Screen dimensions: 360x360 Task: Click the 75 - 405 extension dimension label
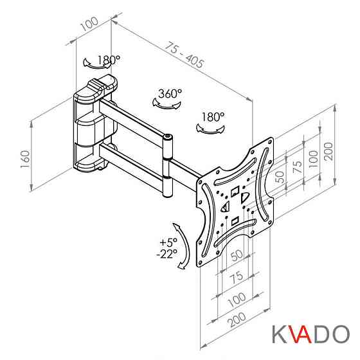[184, 55]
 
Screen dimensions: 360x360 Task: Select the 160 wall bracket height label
[25, 159]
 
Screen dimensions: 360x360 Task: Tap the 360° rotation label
[170, 93]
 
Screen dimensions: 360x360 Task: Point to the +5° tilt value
[168, 242]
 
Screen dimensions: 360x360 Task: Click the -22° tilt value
[167, 253]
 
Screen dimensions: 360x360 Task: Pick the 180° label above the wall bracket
[109, 60]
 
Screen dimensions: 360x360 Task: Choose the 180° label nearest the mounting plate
[213, 116]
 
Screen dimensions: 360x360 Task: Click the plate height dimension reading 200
[328, 151]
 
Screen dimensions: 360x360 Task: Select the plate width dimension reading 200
[237, 319]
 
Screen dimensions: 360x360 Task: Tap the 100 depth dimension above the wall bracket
[89, 23]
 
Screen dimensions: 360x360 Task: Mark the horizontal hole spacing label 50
[237, 255]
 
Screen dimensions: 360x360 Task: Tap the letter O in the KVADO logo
[341, 334]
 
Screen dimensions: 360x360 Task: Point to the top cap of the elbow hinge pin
[168, 138]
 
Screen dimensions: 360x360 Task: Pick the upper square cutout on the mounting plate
[235, 192]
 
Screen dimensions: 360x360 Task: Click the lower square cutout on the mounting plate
[235, 222]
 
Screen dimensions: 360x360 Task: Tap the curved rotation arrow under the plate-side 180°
[210, 129]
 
